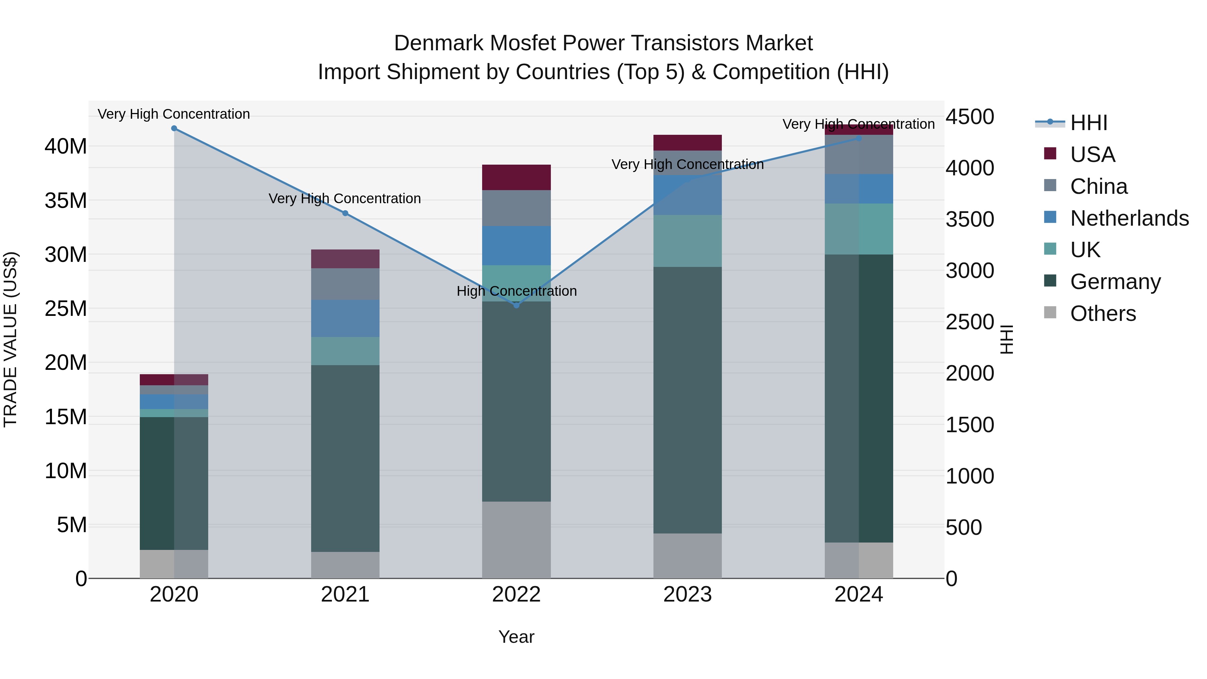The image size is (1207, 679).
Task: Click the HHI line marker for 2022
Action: [x=516, y=305]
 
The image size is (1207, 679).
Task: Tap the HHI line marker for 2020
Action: [x=174, y=128]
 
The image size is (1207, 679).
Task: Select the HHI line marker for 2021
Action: [x=345, y=213]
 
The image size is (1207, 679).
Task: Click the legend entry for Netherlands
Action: [x=1129, y=218]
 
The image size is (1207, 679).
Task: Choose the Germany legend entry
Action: [x=1115, y=282]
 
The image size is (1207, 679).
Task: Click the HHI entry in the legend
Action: [x=1088, y=123]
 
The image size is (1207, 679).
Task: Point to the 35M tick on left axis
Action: [x=66, y=201]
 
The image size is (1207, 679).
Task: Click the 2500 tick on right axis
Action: [x=969, y=322]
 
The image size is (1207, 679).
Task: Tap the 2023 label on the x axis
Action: [x=687, y=595]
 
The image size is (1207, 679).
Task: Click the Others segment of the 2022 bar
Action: [x=516, y=540]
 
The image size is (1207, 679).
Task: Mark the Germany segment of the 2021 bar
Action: [x=345, y=458]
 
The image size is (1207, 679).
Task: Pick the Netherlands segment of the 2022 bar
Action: [x=516, y=245]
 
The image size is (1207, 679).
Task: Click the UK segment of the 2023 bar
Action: [x=687, y=241]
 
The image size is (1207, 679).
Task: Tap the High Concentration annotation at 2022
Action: [x=516, y=291]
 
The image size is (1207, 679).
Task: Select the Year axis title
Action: [x=516, y=637]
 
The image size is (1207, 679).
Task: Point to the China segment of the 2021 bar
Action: [x=345, y=284]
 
